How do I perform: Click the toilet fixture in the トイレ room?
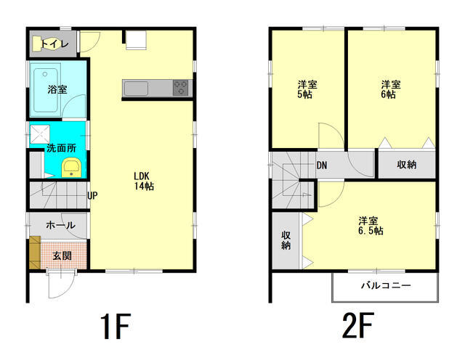(39, 44)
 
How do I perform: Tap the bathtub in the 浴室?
(45, 90)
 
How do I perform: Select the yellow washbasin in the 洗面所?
(71, 168)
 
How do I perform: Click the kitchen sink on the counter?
(136, 89)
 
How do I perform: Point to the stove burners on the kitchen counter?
(180, 88)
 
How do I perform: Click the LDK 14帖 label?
(144, 181)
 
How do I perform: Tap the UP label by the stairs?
(92, 195)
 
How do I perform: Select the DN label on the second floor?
(322, 165)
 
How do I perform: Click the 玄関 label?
(62, 255)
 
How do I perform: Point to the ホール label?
(60, 225)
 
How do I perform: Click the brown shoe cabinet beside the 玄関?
(35, 253)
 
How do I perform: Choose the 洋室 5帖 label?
(307, 89)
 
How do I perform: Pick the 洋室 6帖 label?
(391, 89)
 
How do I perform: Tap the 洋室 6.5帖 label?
(371, 226)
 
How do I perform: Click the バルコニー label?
(386, 285)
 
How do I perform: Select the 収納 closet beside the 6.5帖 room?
(286, 240)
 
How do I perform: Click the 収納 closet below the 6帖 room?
(407, 165)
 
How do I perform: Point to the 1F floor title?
(116, 327)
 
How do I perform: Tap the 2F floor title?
(357, 326)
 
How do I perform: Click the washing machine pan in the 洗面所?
(40, 134)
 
